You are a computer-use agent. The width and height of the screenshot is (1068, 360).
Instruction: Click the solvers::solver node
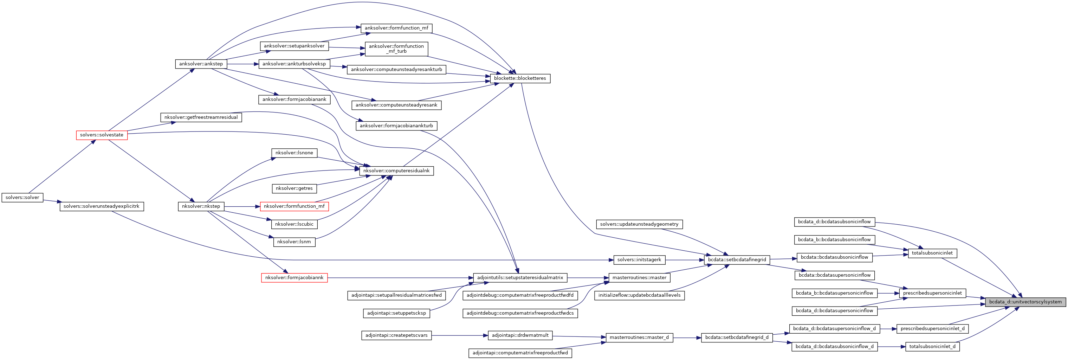tap(22, 198)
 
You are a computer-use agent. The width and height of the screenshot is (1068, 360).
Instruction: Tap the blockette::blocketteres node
tap(520, 78)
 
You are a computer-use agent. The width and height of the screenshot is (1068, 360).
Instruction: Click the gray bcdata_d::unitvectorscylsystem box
tap(1025, 302)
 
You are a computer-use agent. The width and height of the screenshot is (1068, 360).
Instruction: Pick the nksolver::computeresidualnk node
tap(396, 171)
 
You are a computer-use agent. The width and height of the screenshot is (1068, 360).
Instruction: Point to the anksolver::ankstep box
tap(201, 64)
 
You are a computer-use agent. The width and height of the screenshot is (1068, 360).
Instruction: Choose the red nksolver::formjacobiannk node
tap(294, 278)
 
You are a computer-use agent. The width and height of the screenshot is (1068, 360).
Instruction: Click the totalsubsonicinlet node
tap(932, 253)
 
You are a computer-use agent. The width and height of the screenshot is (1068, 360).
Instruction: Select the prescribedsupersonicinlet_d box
tap(932, 328)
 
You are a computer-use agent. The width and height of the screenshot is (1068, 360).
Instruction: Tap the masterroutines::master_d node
tap(639, 337)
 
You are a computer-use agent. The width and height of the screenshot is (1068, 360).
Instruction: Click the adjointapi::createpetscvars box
tap(396, 335)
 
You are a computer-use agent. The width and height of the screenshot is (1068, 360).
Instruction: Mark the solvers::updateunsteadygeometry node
tap(639, 224)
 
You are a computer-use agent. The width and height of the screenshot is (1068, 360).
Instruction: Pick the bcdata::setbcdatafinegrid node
tap(737, 260)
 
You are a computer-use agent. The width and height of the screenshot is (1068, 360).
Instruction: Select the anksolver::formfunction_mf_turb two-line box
tap(396, 49)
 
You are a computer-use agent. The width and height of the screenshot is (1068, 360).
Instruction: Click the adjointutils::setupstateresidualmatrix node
tap(520, 278)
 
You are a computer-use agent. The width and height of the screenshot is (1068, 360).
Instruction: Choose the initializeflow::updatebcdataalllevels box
tap(639, 295)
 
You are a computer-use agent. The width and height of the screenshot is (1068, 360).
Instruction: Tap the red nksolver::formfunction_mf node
tap(294, 206)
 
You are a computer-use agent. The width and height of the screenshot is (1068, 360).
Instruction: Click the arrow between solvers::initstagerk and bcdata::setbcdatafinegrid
tap(685, 260)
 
